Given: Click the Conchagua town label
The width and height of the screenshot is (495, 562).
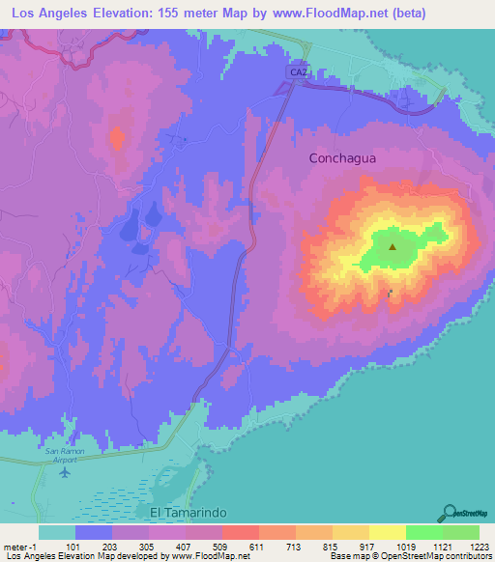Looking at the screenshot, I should point(343,157).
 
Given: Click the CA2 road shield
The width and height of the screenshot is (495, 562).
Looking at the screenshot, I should point(297,72).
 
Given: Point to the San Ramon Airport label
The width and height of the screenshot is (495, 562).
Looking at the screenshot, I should point(66,456).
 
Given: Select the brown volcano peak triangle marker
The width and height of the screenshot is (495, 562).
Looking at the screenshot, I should point(393,246).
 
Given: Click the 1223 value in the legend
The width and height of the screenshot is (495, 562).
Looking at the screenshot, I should point(478,546).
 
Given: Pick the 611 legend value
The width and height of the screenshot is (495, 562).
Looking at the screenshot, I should point(260,546).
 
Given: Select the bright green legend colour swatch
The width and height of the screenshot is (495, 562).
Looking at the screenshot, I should point(424,532).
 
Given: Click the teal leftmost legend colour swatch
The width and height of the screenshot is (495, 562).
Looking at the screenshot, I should point(58,532).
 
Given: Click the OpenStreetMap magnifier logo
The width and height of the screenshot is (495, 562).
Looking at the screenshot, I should point(448,512).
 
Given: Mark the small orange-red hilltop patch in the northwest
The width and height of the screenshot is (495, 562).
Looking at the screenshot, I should point(117,138).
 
